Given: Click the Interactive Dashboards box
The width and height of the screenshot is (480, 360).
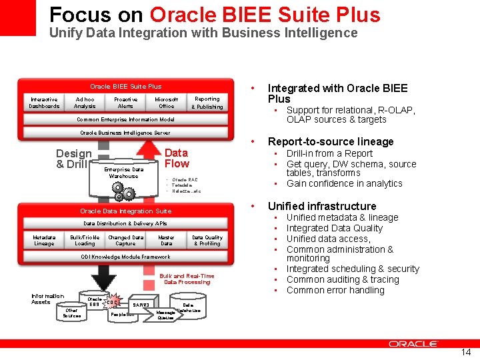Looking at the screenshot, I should [x=44, y=103].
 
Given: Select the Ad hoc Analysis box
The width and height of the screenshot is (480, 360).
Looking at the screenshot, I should [x=85, y=103].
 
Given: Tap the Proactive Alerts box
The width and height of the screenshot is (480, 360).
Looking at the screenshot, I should [x=125, y=103].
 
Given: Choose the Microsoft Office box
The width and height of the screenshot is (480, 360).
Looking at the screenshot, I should [x=166, y=103].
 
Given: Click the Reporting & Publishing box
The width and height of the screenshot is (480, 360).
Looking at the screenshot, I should [x=207, y=103].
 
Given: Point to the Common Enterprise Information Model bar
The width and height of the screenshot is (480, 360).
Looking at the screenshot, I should [x=125, y=120].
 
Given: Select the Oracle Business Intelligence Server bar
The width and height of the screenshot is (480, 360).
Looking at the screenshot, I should [x=125, y=133].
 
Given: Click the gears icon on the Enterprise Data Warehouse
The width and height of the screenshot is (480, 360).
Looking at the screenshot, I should [x=123, y=191].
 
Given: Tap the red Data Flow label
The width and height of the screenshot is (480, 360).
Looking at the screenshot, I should [x=177, y=158].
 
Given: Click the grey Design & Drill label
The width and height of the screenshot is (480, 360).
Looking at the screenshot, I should [x=73, y=159].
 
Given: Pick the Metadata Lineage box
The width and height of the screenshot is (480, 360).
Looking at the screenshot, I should [x=44, y=240].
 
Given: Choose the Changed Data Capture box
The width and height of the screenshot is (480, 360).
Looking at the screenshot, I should [x=125, y=240].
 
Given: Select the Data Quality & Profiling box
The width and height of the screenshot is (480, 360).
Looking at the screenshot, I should [x=207, y=240].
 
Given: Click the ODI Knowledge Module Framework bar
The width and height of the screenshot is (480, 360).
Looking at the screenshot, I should [x=125, y=257].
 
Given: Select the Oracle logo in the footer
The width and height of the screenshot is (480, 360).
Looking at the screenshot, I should [x=413, y=344].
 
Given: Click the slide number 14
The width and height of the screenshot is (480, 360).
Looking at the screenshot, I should [x=465, y=352].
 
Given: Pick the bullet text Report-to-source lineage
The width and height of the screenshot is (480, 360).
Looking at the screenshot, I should [x=331, y=141].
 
